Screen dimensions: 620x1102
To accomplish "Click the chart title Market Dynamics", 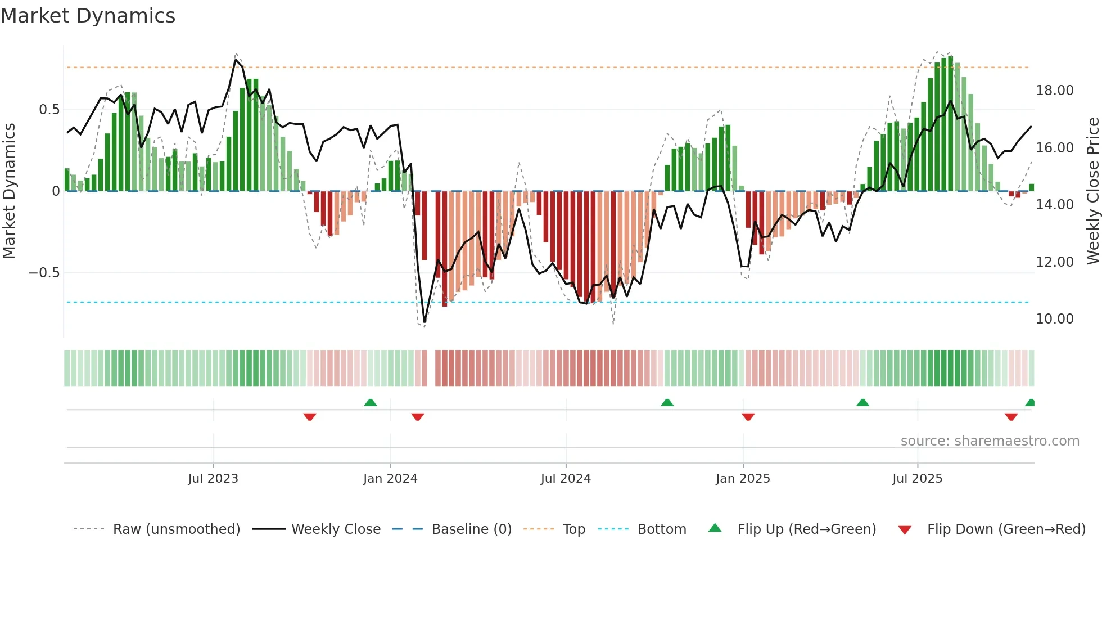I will (88, 16).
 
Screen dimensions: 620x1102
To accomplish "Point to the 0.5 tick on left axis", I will (49, 110).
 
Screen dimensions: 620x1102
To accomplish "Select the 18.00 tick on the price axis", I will (1054, 91).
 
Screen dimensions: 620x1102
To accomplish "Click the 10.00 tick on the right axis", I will (1054, 319).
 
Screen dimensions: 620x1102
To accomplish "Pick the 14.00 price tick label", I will (1054, 205).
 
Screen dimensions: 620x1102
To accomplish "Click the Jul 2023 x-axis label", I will (213, 479).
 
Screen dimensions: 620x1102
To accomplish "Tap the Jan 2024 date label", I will (390, 479).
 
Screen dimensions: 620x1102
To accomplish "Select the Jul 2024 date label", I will (566, 479).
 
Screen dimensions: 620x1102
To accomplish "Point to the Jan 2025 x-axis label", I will (743, 479).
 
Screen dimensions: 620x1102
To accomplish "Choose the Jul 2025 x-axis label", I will (917, 479).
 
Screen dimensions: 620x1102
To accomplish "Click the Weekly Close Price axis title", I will (1092, 191).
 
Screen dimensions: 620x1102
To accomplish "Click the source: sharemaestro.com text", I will (990, 441).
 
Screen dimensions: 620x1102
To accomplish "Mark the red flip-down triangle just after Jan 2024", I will (417, 417).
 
